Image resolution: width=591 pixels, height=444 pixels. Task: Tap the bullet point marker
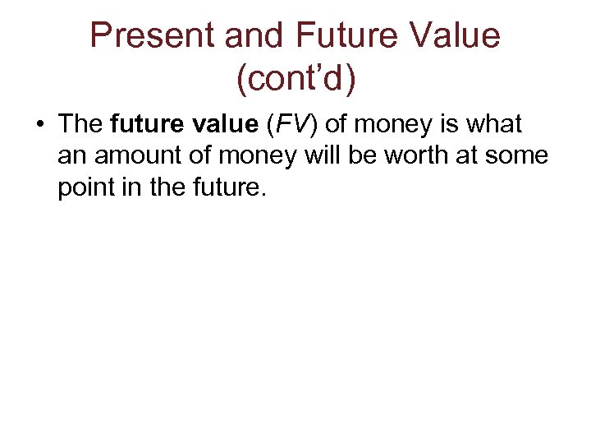[x=39, y=125]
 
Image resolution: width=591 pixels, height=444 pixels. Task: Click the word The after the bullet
[x=80, y=124]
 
